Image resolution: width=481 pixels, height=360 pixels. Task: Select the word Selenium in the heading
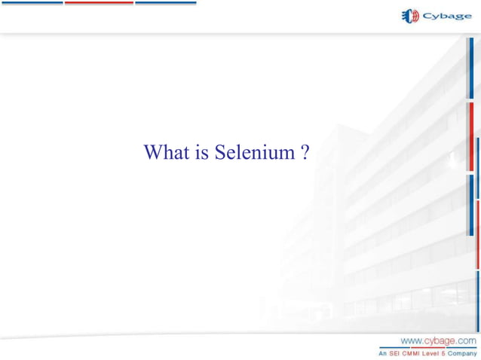pyautogui.click(x=254, y=153)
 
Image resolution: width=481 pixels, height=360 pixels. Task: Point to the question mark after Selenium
pyautogui.click(x=304, y=153)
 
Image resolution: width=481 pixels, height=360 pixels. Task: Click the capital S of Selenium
pyautogui.click(x=220, y=153)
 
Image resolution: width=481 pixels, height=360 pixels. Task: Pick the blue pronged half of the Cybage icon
pyautogui.click(x=404, y=16)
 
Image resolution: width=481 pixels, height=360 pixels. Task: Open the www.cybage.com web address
pyautogui.click(x=438, y=340)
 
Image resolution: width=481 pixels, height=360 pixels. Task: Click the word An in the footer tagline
pyautogui.click(x=383, y=352)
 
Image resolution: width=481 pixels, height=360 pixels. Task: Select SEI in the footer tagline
pyautogui.click(x=396, y=352)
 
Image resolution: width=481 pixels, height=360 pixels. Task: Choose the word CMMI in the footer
pyautogui.click(x=414, y=352)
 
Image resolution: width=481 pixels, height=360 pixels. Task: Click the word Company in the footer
pyautogui.click(x=464, y=352)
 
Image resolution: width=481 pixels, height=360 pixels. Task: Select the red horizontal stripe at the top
pyautogui.click(x=98, y=2)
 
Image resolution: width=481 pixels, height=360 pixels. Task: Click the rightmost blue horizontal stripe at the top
pyautogui.click(x=165, y=2)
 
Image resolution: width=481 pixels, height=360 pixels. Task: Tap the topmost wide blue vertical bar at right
pyautogui.click(x=470, y=68)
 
